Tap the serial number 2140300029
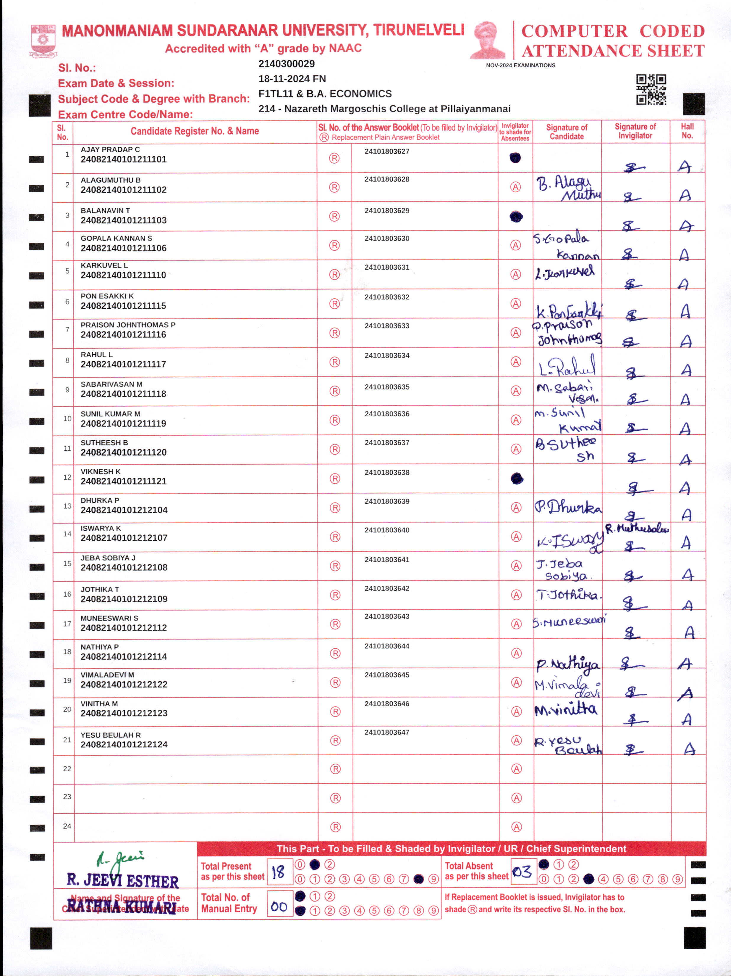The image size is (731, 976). (286, 64)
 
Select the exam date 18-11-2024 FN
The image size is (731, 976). (292, 78)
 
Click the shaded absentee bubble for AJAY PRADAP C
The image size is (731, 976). (515, 157)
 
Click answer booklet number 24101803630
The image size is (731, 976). (387, 238)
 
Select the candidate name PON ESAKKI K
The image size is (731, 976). (107, 296)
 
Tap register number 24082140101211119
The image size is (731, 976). (123, 423)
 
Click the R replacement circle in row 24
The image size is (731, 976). (336, 827)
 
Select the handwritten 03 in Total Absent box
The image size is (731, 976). (523, 872)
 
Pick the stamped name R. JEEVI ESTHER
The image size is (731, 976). (122, 881)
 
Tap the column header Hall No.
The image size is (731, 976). (687, 131)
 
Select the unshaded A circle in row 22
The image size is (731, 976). (516, 769)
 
